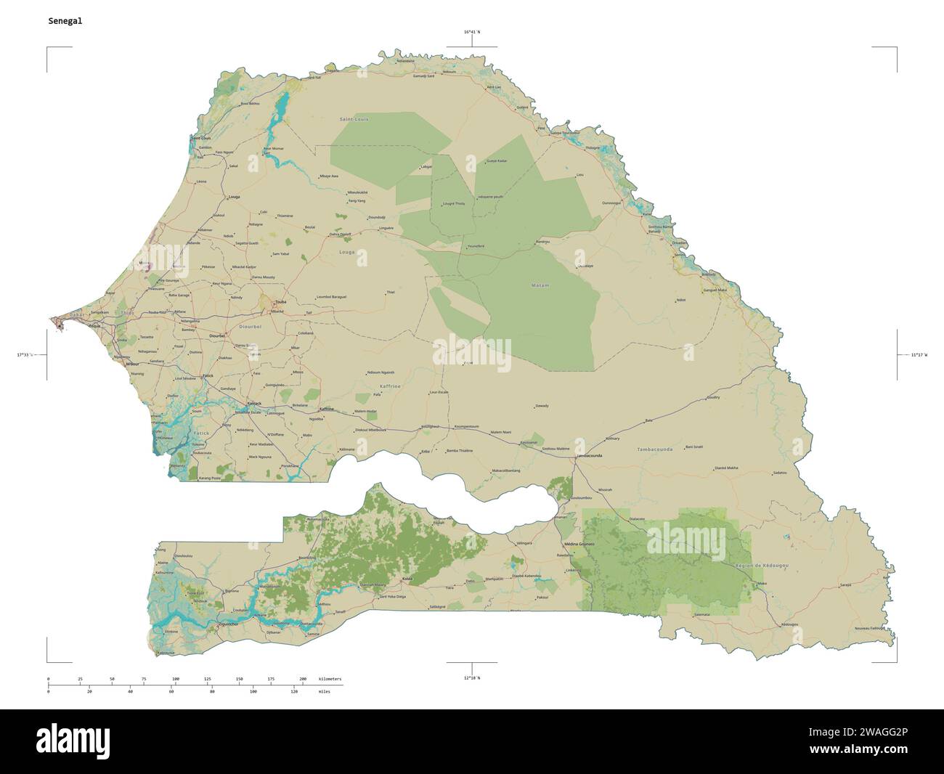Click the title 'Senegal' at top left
coord(65,21)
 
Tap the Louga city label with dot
coord(234,197)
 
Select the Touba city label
coord(279,301)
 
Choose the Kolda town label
coord(407,579)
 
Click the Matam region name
coord(540,285)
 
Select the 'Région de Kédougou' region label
coord(762,565)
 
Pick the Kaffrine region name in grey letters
coord(389,386)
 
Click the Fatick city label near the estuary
coord(208,375)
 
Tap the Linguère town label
coord(386,228)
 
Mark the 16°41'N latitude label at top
coord(472,32)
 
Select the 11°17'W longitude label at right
coord(919,354)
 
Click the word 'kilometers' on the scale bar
coord(330,679)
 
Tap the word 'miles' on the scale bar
coord(323,692)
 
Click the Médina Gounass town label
coord(579,544)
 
